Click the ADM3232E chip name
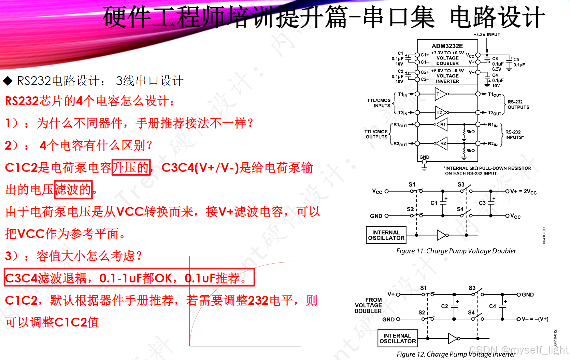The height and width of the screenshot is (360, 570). point(447,46)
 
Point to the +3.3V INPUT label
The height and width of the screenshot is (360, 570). point(487,34)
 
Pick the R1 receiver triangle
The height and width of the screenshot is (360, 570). point(442,125)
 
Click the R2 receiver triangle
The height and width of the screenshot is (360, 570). point(442,143)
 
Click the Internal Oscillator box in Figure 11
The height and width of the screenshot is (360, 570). point(386,235)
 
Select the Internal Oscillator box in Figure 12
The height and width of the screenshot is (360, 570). point(398,338)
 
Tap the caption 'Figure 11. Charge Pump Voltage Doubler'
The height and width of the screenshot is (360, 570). point(456,251)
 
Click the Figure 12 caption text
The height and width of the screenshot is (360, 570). point(456,354)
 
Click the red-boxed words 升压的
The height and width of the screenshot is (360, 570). point(131,168)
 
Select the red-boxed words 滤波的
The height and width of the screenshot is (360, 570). point(73,189)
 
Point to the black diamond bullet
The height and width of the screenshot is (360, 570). point(8,81)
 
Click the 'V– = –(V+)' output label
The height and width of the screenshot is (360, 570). point(535,319)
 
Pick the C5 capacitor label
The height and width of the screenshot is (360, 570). point(516,59)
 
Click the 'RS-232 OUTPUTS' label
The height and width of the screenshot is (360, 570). point(518,105)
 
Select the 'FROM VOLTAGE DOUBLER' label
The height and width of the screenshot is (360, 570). point(368,305)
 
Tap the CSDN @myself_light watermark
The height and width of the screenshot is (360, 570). point(518,350)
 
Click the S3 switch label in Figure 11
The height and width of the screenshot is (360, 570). point(461,184)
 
